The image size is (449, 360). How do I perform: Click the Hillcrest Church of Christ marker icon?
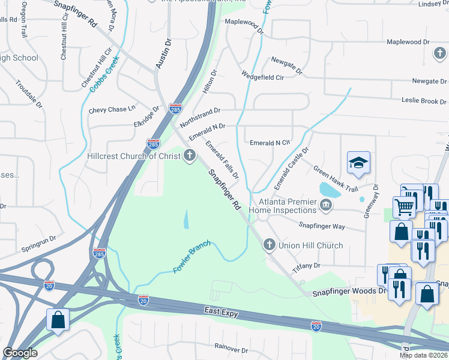pos(190,157)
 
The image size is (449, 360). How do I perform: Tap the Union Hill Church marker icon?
pos(269,245)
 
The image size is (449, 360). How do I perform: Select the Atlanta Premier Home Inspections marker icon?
pos(325,206)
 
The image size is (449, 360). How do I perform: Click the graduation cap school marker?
pos(358,163)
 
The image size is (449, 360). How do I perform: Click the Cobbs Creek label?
pos(104,73)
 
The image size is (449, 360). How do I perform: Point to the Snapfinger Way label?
pos(322,226)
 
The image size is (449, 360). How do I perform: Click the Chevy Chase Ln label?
pos(112,110)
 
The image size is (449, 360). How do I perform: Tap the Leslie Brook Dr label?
pos(420,101)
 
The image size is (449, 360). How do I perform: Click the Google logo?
pos(20,353)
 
